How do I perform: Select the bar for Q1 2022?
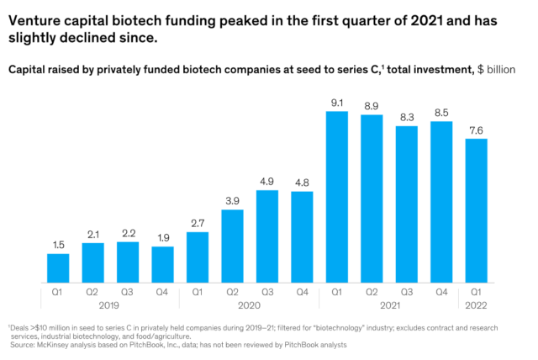click(476, 210)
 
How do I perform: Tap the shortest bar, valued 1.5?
click(58, 267)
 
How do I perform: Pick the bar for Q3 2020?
click(267, 236)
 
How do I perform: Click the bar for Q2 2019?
click(92, 262)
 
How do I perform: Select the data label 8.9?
click(372, 105)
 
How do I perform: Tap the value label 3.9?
click(232, 200)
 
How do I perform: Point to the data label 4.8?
click(302, 182)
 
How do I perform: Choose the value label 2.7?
click(198, 223)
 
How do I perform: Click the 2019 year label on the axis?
click(110, 306)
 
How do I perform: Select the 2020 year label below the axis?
click(250, 306)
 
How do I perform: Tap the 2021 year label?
click(389, 306)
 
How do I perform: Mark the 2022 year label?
click(476, 306)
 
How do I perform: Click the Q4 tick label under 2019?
click(162, 293)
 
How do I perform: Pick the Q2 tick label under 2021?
click(372, 293)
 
